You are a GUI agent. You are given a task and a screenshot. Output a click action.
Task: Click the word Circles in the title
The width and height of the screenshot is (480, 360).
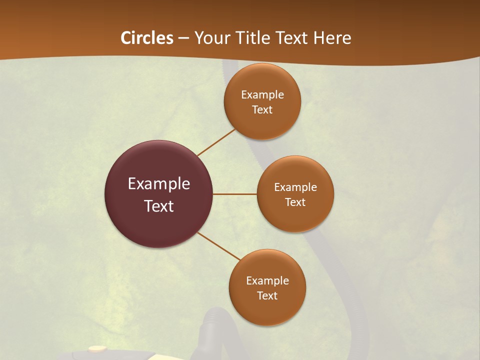coord(147,38)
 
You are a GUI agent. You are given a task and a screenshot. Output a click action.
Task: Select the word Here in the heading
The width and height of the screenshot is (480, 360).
coord(332,38)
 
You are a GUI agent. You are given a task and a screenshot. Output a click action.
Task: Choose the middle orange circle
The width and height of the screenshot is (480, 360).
coord(295,217)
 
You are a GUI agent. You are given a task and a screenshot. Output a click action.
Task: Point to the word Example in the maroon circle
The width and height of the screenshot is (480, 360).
coord(159,184)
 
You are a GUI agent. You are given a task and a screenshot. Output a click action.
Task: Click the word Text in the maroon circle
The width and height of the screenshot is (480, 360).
coord(159,206)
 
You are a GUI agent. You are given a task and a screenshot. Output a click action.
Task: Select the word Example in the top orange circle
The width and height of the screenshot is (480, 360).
coord(262,95)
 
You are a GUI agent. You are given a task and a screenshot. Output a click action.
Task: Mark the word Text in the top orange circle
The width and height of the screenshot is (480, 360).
coord(262,110)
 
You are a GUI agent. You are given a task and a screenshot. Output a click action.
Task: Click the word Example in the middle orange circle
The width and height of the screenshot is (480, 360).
coord(295,187)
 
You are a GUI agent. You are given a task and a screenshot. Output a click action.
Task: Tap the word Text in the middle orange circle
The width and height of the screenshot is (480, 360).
coord(295,202)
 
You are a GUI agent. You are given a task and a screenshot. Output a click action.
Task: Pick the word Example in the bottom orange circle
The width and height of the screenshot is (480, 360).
coord(267,281)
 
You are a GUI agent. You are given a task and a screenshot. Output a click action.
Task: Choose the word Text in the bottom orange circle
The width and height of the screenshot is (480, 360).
coord(267,296)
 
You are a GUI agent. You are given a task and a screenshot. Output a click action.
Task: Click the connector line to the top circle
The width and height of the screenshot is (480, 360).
coord(216,142)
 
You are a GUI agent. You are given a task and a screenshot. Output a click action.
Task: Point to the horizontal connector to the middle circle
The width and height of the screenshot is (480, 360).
coord(234,194)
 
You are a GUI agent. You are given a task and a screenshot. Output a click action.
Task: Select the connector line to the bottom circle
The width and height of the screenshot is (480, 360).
coord(219,246)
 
